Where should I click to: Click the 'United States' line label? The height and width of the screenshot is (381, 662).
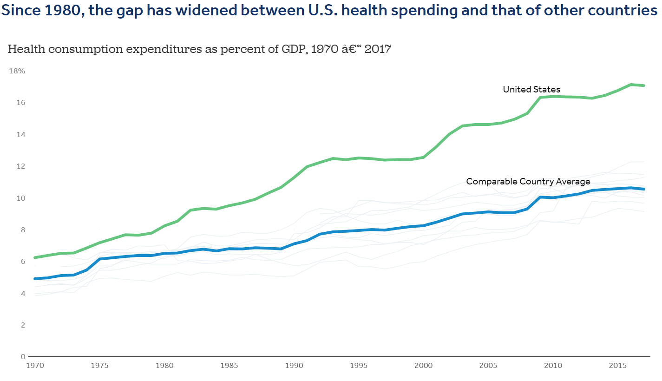point(531,89)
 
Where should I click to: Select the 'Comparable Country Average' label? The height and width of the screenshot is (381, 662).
point(528,181)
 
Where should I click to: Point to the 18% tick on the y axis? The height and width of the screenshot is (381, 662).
point(17,71)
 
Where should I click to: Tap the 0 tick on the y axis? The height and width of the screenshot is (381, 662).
point(22,356)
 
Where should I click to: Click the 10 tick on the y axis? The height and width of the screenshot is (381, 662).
point(20,198)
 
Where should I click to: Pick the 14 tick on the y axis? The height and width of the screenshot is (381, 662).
point(20,134)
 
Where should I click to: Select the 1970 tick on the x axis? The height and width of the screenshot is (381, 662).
point(35,366)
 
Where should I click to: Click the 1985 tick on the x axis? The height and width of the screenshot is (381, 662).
point(229,366)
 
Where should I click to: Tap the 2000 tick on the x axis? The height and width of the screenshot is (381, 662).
point(423,366)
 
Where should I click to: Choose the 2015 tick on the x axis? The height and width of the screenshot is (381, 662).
point(617,366)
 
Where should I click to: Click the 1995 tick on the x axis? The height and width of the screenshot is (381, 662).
point(359,366)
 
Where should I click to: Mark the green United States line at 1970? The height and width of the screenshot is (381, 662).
point(35,257)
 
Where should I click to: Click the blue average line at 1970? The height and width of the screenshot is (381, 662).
point(35,279)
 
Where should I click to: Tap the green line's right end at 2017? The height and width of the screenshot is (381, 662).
point(643,85)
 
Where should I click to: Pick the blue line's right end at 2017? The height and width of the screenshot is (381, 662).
point(643,189)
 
